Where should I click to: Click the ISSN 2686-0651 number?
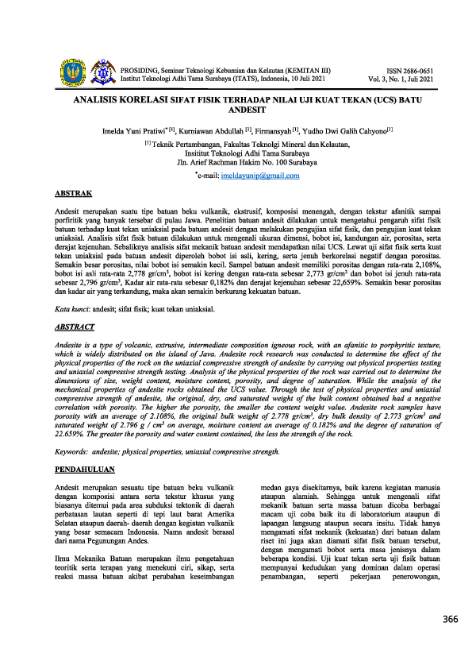point(410,71)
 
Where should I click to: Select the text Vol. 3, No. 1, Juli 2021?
point(401,79)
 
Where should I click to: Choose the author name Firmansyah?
point(274,130)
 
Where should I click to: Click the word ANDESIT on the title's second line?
point(236,113)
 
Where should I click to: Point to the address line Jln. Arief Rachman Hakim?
point(236,162)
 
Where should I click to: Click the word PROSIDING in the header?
point(140,71)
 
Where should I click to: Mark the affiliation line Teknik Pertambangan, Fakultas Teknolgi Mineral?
point(236,144)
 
